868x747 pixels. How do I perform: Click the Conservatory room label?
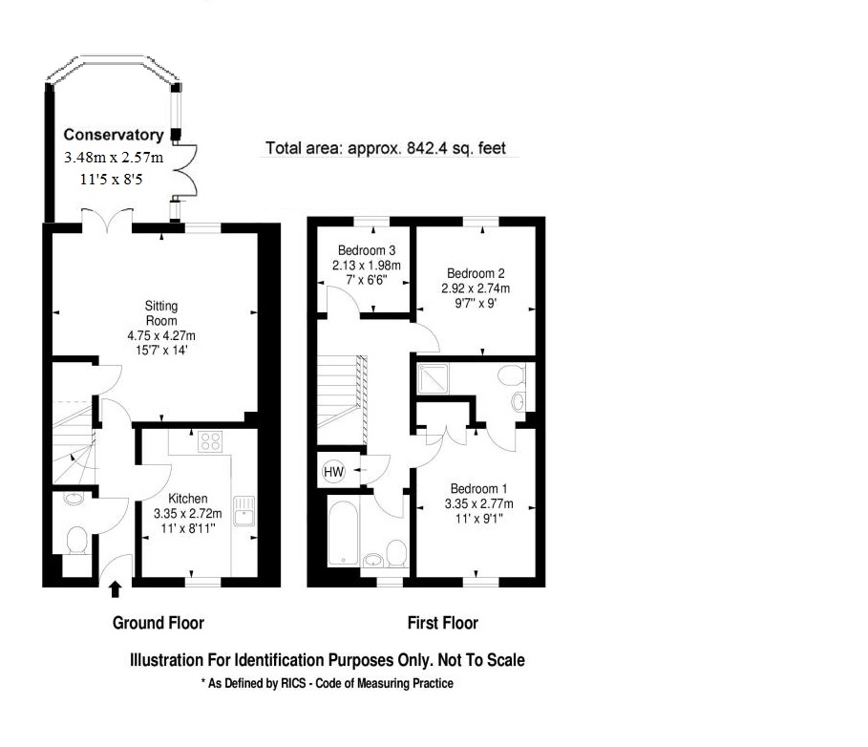(114, 135)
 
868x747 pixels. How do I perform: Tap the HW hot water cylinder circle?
(333, 472)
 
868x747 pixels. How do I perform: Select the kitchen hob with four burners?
(210, 441)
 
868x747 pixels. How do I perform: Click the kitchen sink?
(244, 510)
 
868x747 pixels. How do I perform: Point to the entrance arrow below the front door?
(116, 589)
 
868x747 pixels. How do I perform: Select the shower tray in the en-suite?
(433, 379)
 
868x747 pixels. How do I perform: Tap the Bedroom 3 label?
(367, 250)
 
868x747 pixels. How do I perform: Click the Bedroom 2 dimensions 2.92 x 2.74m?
(476, 288)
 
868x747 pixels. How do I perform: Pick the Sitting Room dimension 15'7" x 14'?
(161, 350)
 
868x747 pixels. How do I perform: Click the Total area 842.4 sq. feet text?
(386, 148)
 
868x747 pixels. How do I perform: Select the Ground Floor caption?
(159, 623)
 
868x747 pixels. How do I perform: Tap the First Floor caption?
(443, 623)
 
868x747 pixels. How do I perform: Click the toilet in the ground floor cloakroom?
(77, 540)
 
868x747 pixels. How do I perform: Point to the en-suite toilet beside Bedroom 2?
(511, 374)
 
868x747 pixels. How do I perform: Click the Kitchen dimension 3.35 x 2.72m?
(188, 513)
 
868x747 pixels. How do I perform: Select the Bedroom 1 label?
(478, 488)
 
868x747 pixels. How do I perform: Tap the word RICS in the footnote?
(293, 683)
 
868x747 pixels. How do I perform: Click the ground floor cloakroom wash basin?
(74, 498)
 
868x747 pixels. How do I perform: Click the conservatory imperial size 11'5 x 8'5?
(112, 179)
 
